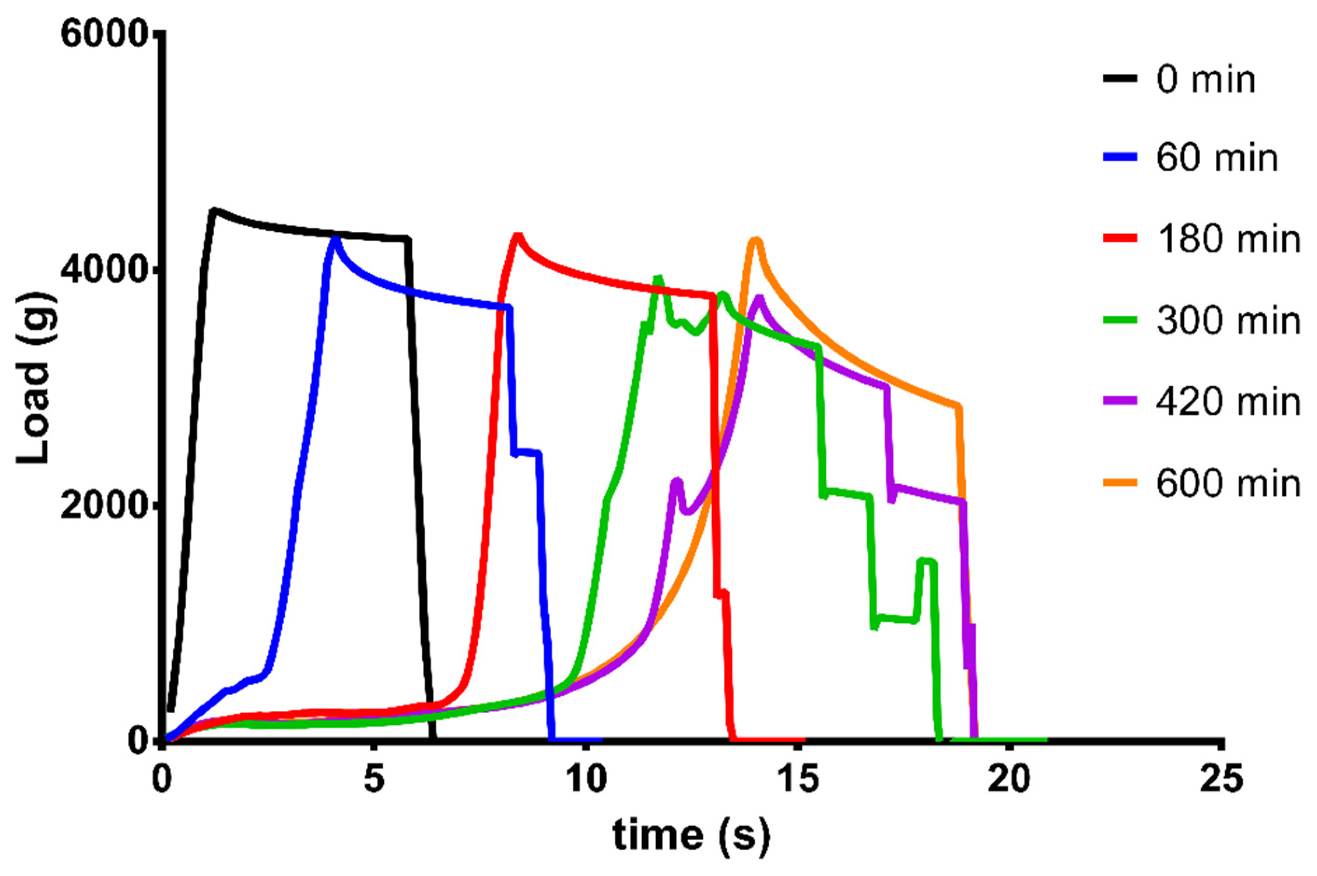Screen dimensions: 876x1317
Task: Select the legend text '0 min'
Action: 1205,79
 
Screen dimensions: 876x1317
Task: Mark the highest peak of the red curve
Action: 518,235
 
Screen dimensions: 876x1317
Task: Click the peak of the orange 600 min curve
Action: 756,240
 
